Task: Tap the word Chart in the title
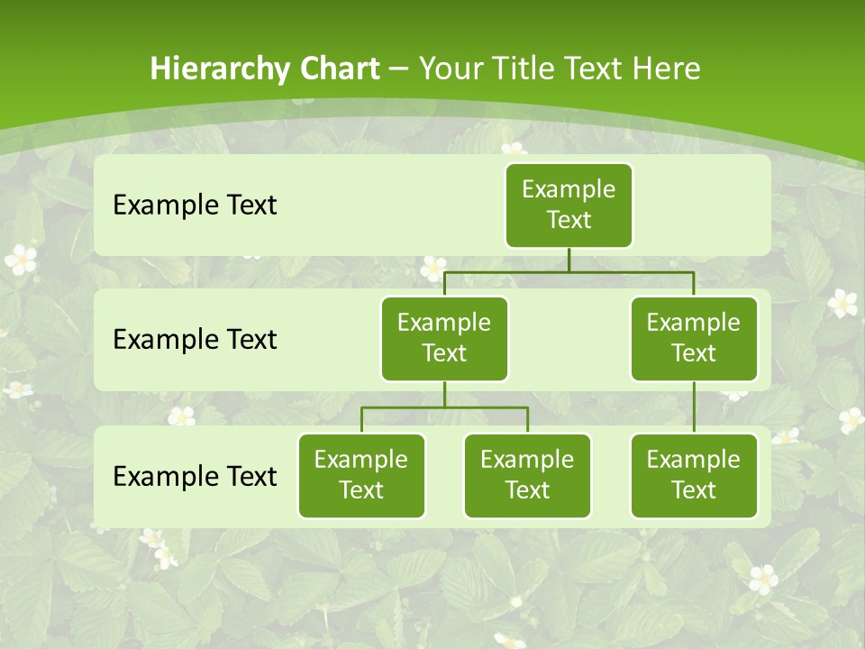(341, 69)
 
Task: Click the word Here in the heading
(666, 69)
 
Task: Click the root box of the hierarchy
(569, 205)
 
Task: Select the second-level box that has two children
(444, 338)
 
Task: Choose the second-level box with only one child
(694, 338)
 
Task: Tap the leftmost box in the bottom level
(361, 475)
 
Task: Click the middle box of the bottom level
(527, 475)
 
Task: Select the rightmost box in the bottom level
(694, 475)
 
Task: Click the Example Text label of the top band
(195, 206)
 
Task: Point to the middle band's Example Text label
(195, 340)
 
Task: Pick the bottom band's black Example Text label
(195, 476)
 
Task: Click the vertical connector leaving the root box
(569, 260)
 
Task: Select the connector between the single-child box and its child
(694, 407)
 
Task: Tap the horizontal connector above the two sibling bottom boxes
(444, 407)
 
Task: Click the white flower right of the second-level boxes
(842, 302)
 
